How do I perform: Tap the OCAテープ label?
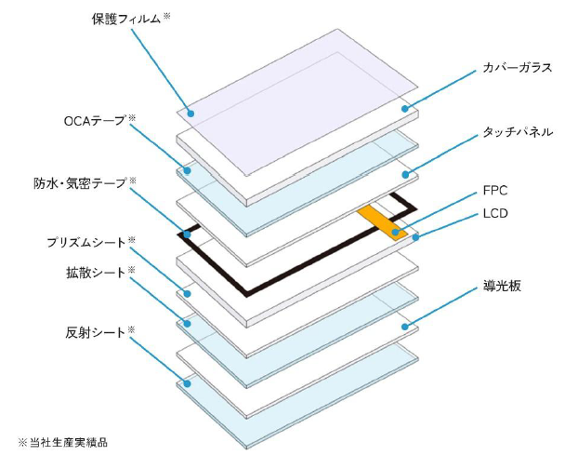[93, 121]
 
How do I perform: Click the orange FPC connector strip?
[382, 221]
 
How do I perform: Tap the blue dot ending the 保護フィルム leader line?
[190, 113]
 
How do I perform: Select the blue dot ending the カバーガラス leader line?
[405, 109]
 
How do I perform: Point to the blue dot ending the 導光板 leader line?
[405, 326]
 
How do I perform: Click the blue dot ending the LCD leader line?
[414, 236]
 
